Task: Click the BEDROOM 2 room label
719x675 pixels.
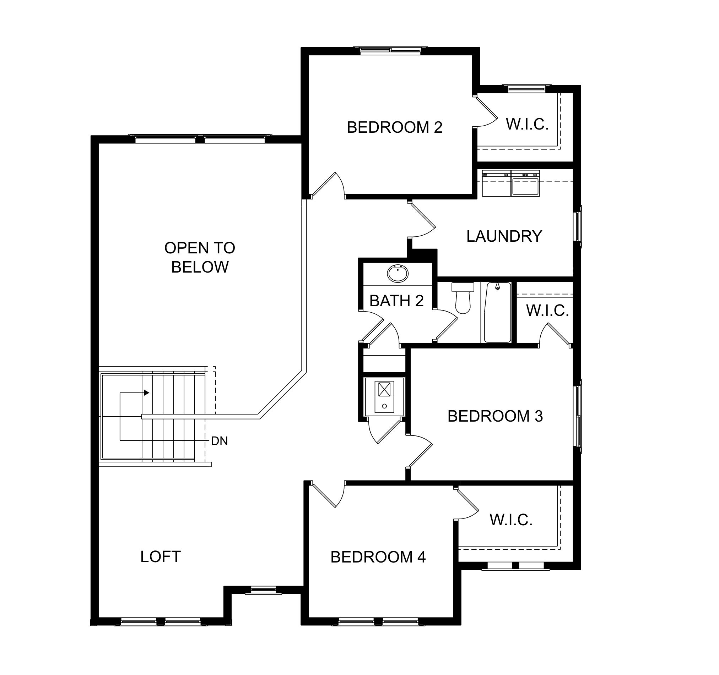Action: (395, 127)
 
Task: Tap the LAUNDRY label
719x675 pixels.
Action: (504, 236)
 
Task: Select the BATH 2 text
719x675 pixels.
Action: (396, 301)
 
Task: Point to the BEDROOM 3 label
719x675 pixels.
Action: (495, 416)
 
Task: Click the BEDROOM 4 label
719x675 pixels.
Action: (378, 557)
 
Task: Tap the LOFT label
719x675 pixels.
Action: (161, 557)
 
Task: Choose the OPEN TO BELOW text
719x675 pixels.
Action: (200, 257)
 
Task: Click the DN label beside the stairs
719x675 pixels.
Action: (219, 441)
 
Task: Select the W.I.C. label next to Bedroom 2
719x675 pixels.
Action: (527, 124)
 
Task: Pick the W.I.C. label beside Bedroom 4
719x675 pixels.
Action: (511, 520)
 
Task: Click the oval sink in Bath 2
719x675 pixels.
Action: (398, 274)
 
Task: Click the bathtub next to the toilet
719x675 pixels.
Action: (498, 312)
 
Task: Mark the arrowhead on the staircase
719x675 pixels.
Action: (146, 393)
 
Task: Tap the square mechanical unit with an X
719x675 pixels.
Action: (384, 390)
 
